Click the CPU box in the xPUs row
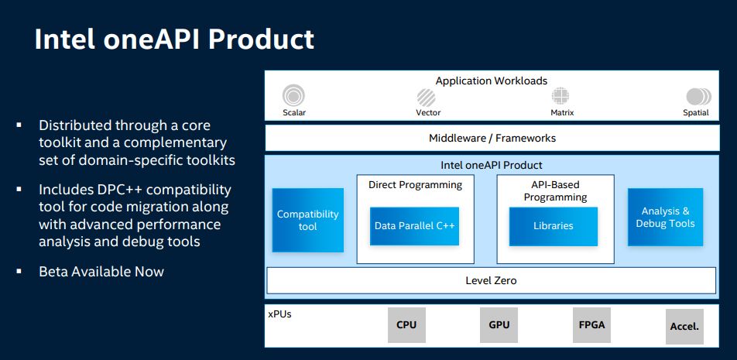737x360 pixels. coord(406,324)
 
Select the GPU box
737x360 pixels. coord(499,324)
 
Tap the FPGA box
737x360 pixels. coord(591,324)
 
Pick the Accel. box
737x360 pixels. coord(685,326)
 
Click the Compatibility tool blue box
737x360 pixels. coord(308,220)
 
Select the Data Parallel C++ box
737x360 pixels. coord(415,226)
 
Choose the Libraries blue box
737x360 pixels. coord(554,226)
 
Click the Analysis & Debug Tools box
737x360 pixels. coord(666,217)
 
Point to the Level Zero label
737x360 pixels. coord(491,280)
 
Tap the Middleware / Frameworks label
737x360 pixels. coord(492,138)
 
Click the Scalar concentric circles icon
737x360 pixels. coord(293,96)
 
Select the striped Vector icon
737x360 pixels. coord(426,98)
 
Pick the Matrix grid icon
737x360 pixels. coord(560,96)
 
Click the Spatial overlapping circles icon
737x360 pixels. coord(698,96)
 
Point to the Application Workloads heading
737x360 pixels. coord(492,81)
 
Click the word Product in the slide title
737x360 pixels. coord(261,39)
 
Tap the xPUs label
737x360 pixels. coord(279,314)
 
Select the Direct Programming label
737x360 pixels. coord(416,185)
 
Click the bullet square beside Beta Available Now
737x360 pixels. coord(19,271)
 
